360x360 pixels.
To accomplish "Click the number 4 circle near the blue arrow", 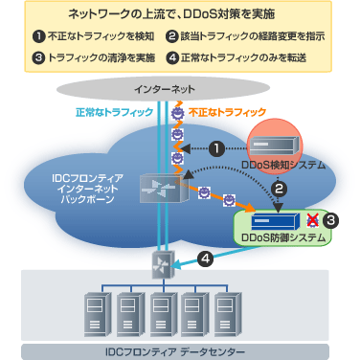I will [x=204, y=258].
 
